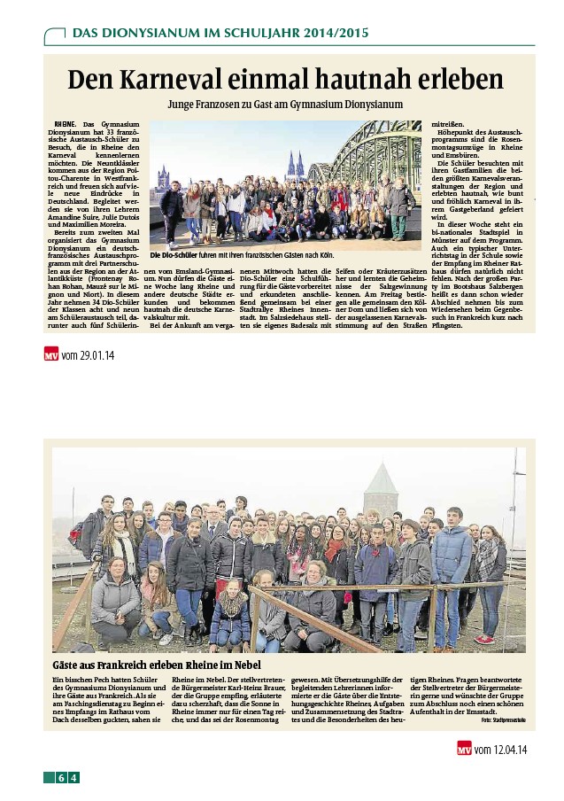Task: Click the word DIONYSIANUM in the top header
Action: (x=144, y=34)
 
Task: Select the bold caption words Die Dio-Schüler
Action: (x=172, y=256)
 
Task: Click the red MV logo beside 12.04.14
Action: (x=463, y=750)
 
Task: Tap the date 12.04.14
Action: (x=501, y=750)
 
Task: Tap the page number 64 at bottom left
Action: (x=67, y=778)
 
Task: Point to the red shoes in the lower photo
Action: (x=484, y=638)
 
